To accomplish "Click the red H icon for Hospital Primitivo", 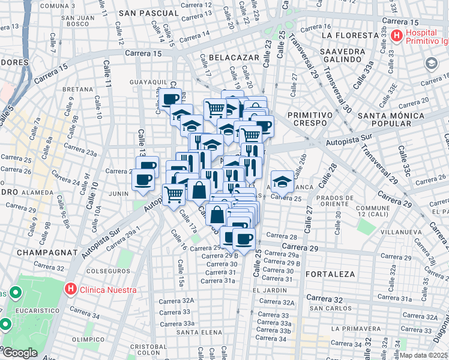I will [396, 36].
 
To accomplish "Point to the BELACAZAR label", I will [234, 57].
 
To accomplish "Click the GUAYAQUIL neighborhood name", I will [148, 82].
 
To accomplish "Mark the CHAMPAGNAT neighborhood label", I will [44, 253].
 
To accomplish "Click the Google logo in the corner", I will [20, 353].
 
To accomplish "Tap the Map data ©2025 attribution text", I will [423, 355].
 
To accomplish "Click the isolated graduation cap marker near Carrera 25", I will [282, 181].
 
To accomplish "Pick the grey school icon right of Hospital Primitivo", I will [431, 63].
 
